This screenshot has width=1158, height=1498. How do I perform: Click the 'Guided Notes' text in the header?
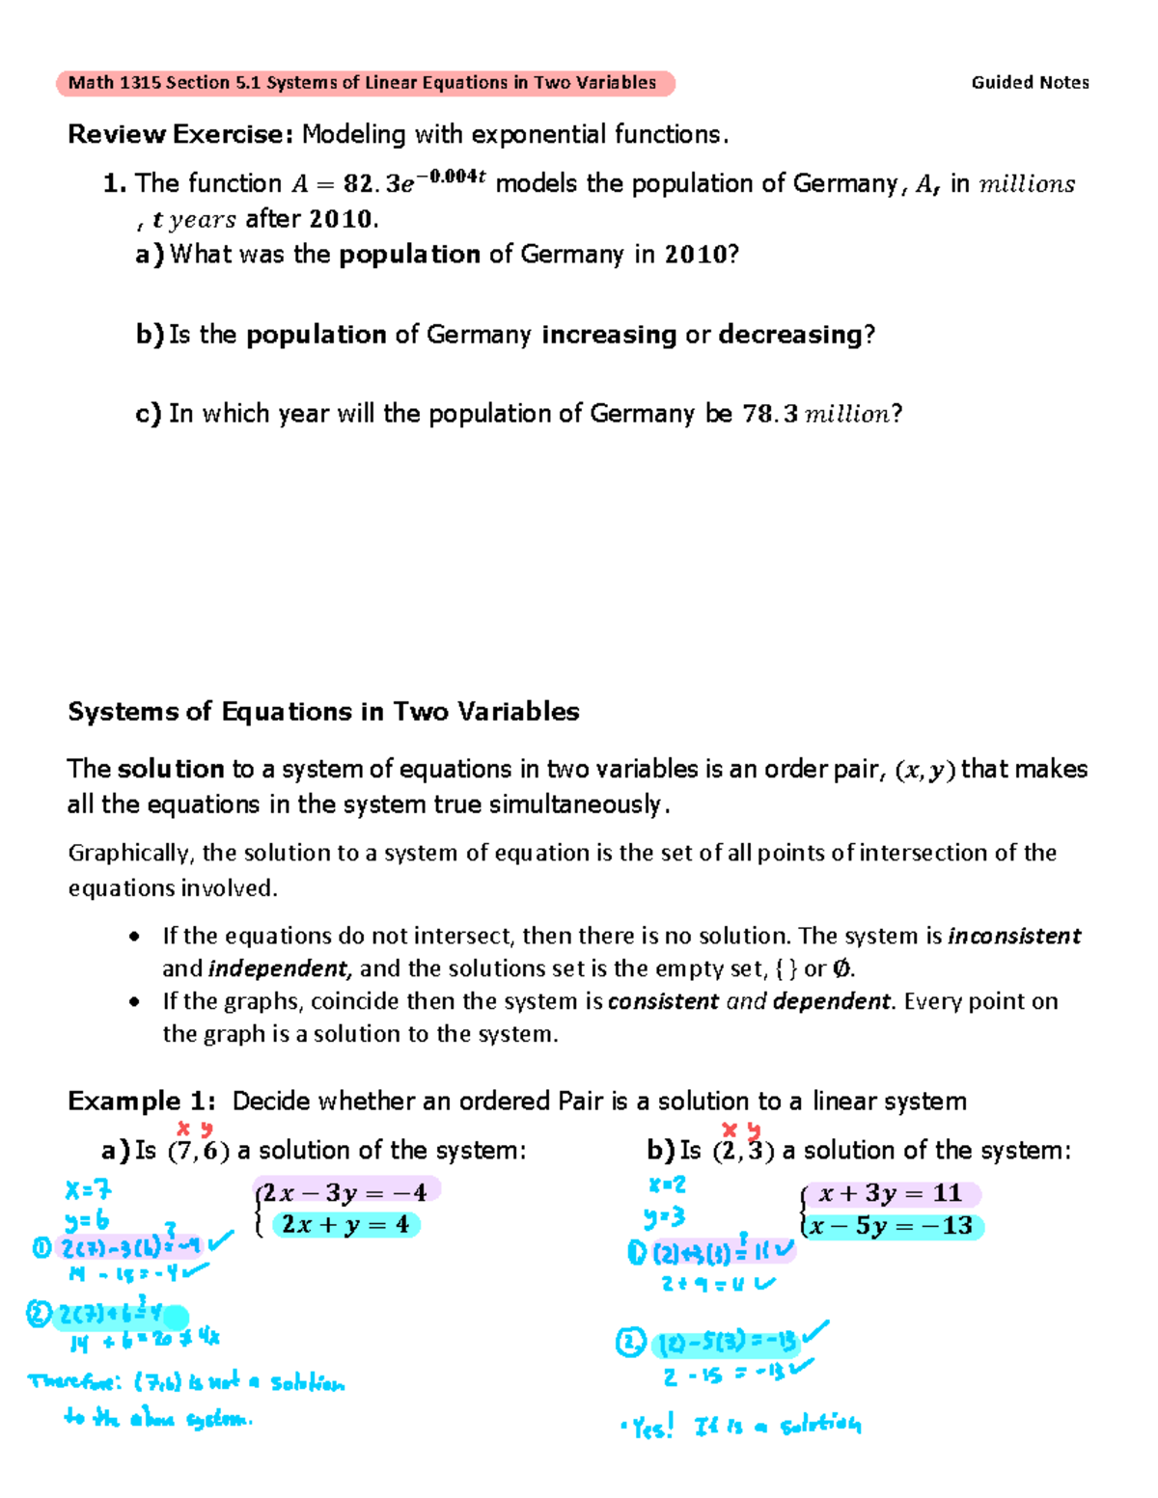(1030, 83)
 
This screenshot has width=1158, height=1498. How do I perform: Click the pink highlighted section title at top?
(365, 83)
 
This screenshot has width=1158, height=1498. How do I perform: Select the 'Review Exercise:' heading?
(179, 134)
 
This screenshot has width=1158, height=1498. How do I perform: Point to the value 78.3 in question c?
(770, 414)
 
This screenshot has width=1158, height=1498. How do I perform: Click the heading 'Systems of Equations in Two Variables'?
(323, 712)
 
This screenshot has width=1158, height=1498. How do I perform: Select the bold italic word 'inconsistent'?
(1014, 936)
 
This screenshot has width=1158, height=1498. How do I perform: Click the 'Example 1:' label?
(141, 1101)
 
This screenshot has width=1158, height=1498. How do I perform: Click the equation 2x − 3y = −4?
(345, 1192)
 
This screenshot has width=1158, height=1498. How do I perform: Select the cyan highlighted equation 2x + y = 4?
(345, 1225)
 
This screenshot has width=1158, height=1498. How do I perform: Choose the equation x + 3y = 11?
(890, 1193)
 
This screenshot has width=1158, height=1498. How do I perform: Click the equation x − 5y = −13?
(891, 1226)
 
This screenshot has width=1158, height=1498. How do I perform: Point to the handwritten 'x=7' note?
(88, 1192)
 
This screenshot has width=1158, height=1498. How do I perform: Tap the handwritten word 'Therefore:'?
(75, 1382)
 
